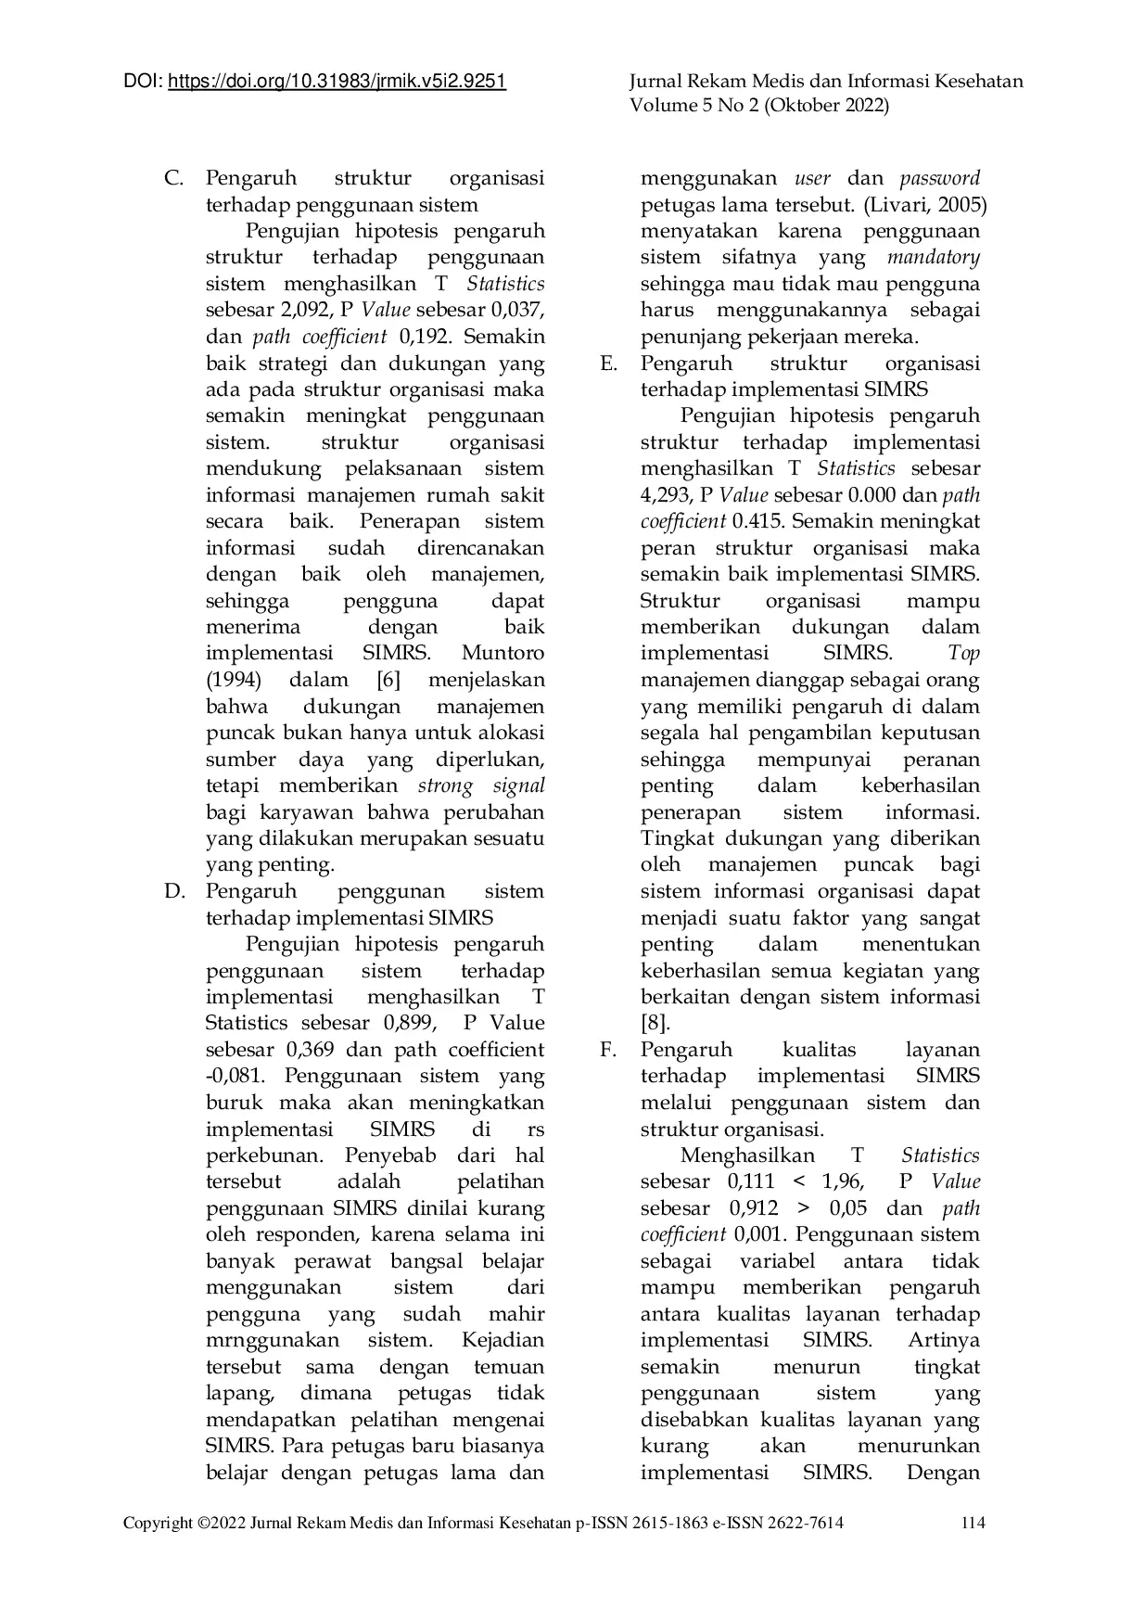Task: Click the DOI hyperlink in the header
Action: click(x=337, y=82)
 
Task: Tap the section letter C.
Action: click(x=172, y=178)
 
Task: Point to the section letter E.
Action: click(x=608, y=364)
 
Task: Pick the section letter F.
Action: click(x=608, y=1051)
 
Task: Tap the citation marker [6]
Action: click(x=388, y=681)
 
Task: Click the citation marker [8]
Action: click(x=655, y=1024)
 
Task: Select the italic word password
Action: click(x=938, y=178)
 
